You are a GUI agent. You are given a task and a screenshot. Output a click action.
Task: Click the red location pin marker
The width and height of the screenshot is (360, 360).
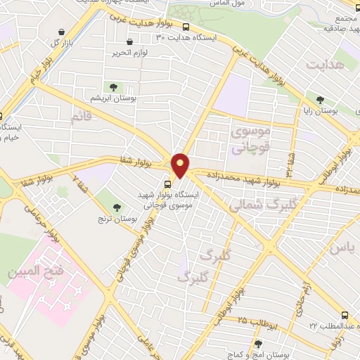click(x=181, y=165)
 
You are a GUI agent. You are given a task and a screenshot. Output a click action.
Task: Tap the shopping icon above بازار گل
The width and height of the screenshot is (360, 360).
click(x=63, y=32)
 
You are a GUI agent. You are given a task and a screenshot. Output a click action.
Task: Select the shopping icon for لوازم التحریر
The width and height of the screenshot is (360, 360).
click(x=117, y=53)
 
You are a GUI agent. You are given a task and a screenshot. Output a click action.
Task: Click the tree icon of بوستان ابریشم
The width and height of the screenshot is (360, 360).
click(x=114, y=87)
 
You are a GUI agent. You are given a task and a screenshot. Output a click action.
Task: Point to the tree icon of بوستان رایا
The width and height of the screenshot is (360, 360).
click(x=321, y=100)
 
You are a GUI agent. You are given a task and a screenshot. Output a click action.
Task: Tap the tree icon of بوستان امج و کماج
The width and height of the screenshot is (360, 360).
click(x=258, y=345)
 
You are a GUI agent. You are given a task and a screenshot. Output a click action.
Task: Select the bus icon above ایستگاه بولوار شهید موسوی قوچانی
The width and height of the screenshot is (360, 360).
click(x=167, y=185)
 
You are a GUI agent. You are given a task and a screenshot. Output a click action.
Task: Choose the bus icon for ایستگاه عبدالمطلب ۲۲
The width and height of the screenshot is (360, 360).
click(x=345, y=316)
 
